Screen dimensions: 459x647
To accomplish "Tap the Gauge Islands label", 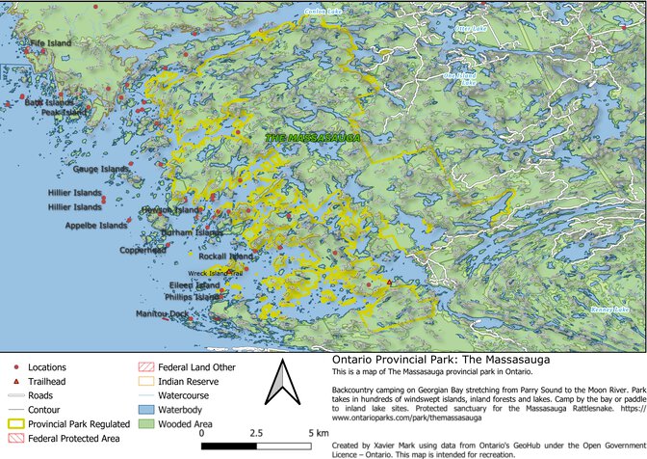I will (100, 170).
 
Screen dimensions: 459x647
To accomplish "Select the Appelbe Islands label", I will (95, 226).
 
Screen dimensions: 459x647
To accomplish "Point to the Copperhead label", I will (142, 250).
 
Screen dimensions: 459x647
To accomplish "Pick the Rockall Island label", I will (225, 257).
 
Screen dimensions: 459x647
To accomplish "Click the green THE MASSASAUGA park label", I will (313, 139).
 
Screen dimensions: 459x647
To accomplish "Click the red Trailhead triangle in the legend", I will (16, 382).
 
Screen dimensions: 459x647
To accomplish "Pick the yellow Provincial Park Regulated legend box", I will (16, 423).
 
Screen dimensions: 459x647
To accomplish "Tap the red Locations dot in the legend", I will (16, 367).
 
